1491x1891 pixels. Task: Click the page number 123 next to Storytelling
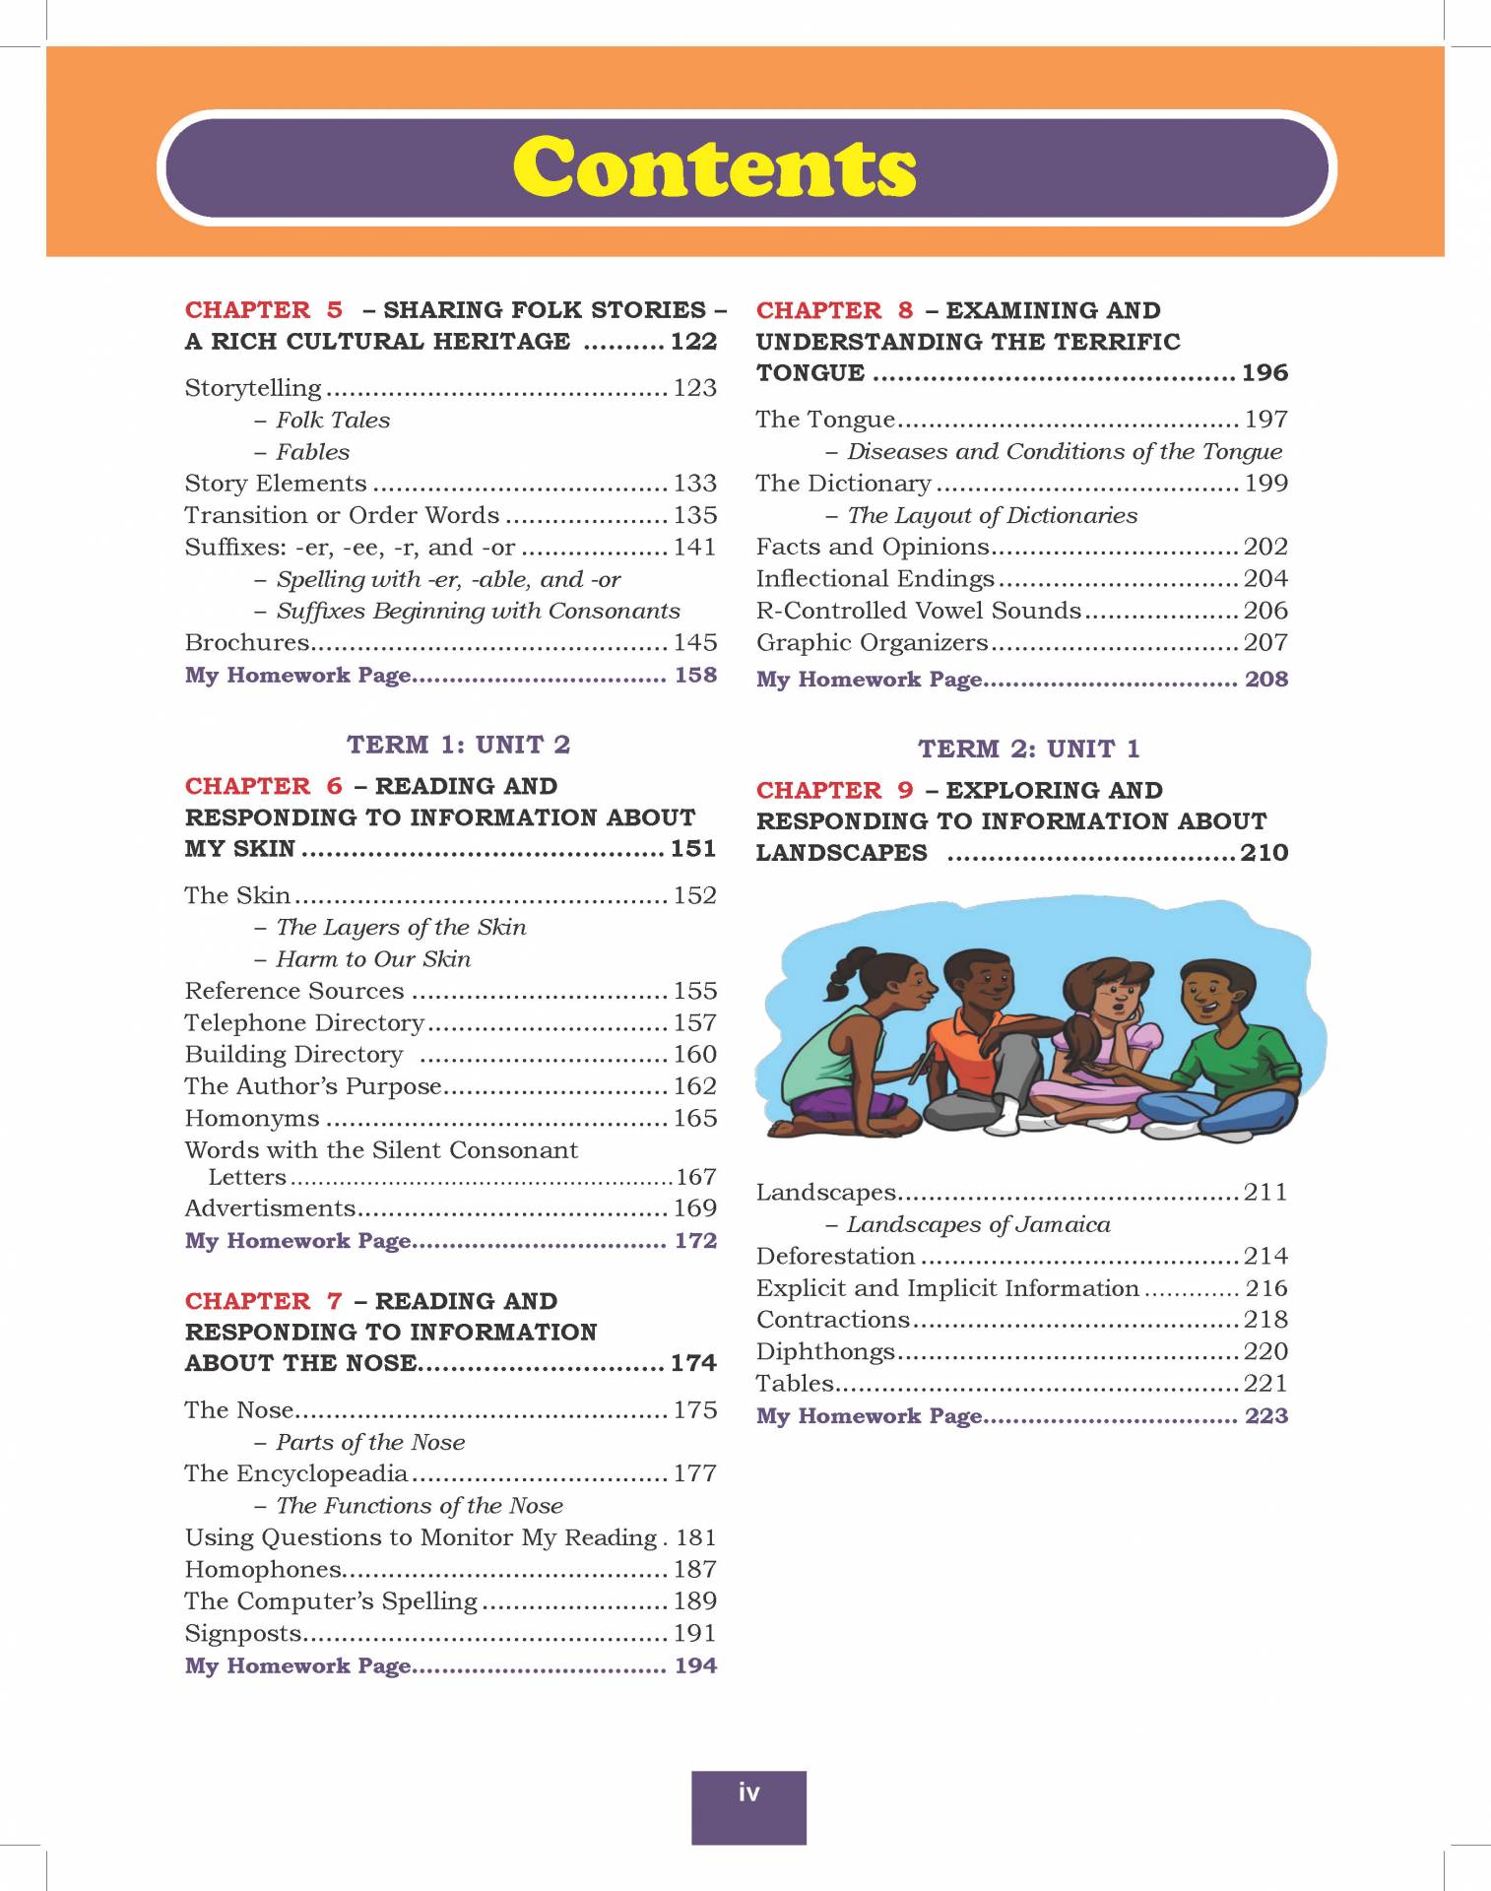tap(694, 388)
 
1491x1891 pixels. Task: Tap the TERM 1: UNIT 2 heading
tap(458, 745)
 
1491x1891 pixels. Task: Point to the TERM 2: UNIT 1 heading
tap(1028, 750)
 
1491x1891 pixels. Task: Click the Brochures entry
tap(247, 642)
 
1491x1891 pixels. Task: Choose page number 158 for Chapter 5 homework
tap(694, 675)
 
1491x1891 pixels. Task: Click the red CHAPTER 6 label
tap(263, 786)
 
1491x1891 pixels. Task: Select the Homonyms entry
tap(252, 1119)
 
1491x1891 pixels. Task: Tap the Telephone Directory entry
tap(304, 1023)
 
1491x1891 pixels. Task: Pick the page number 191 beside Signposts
tap(694, 1633)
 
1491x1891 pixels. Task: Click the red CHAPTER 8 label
tap(834, 310)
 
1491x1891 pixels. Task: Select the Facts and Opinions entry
tap(872, 547)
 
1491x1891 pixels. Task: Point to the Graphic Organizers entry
tap(872, 642)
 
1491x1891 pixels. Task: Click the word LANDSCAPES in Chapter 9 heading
tap(841, 853)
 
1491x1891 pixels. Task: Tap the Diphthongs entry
tap(825, 1351)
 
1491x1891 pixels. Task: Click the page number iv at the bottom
tap(748, 1793)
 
